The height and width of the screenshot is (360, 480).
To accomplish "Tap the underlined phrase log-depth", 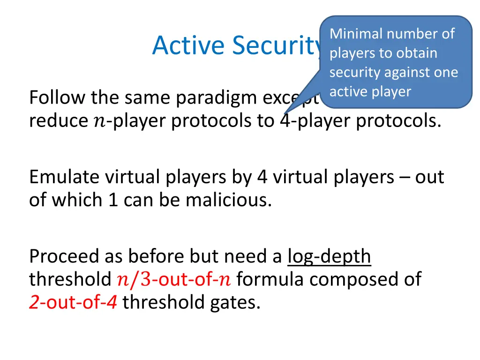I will coord(329,256).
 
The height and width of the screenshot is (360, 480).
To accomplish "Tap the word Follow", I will coord(57,98).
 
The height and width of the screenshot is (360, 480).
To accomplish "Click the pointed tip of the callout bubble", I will coord(284,113).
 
